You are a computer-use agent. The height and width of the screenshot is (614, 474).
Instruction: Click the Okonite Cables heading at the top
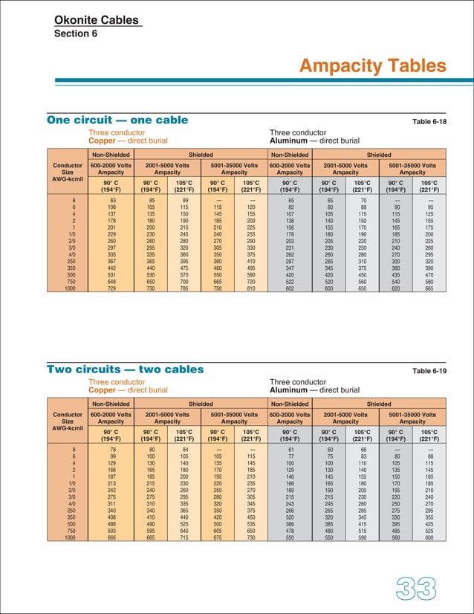coord(97,20)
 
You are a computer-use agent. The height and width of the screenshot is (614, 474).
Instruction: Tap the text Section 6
coord(76,33)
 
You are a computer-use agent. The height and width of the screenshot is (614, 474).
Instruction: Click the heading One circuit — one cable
coord(117,120)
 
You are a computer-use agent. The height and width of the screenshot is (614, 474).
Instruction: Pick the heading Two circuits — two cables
coord(125,369)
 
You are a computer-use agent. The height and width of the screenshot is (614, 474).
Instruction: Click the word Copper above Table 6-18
coord(102,140)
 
